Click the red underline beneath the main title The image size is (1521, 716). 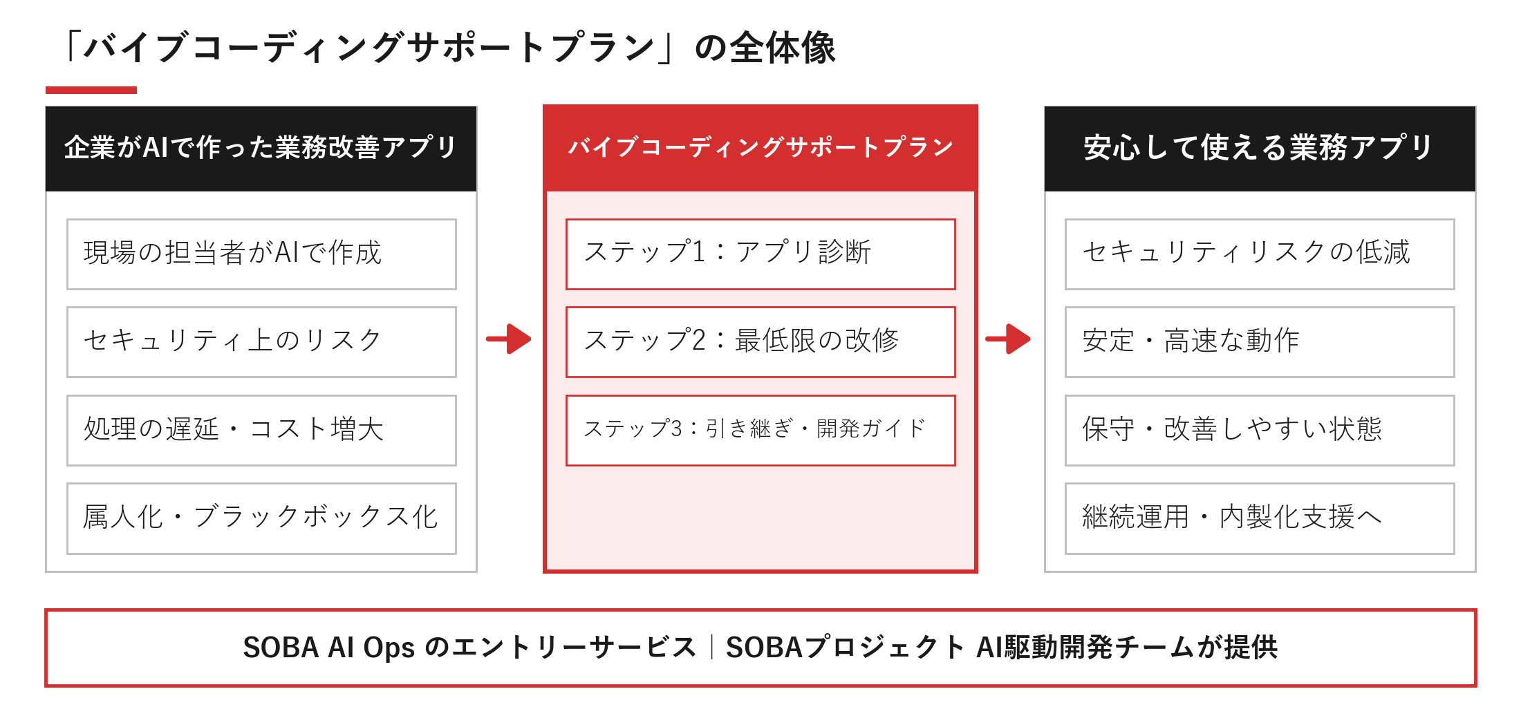pyautogui.click(x=91, y=90)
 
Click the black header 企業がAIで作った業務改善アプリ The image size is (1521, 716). pyautogui.click(x=261, y=149)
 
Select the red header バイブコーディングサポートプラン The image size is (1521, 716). pyautogui.click(x=760, y=149)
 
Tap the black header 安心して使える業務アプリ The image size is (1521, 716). pyautogui.click(x=1260, y=149)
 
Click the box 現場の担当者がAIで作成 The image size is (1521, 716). pyautogui.click(x=261, y=254)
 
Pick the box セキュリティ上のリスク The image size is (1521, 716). pyautogui.click(x=261, y=342)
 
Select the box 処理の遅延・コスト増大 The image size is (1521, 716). pyautogui.click(x=261, y=431)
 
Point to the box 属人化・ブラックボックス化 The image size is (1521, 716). pyautogui.click(x=261, y=518)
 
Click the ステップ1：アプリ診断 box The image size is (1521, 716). pyautogui.click(x=760, y=254)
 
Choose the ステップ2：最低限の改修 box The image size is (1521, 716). pyautogui.click(x=760, y=342)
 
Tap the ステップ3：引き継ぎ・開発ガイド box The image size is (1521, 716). pyautogui.click(x=760, y=431)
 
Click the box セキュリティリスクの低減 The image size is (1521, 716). pyautogui.click(x=1260, y=254)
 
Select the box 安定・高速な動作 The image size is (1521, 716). pyautogui.click(x=1260, y=342)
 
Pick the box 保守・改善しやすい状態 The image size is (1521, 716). pyautogui.click(x=1260, y=431)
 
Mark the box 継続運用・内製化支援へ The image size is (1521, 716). pyautogui.click(x=1260, y=518)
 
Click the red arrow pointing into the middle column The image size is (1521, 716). pyautogui.click(x=509, y=339)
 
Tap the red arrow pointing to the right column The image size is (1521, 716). pyautogui.click(x=1008, y=339)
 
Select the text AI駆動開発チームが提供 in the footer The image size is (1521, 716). pyautogui.click(x=1127, y=648)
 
